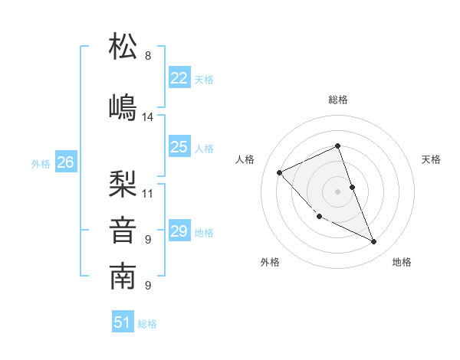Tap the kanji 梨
point(123,184)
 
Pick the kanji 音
point(123,231)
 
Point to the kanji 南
point(123,277)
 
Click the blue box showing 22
point(179,78)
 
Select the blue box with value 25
point(179,147)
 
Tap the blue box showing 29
point(179,231)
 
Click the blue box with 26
point(66,162)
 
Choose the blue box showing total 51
point(123,322)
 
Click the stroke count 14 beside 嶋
point(148,117)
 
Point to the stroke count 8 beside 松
point(148,56)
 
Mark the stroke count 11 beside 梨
point(148,193)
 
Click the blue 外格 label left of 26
point(41,163)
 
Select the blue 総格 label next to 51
point(147,324)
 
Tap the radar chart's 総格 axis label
point(338,100)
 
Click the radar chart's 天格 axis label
point(432,159)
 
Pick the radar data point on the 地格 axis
point(374,242)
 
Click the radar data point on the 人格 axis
point(280,172)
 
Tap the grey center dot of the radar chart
point(338,191)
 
